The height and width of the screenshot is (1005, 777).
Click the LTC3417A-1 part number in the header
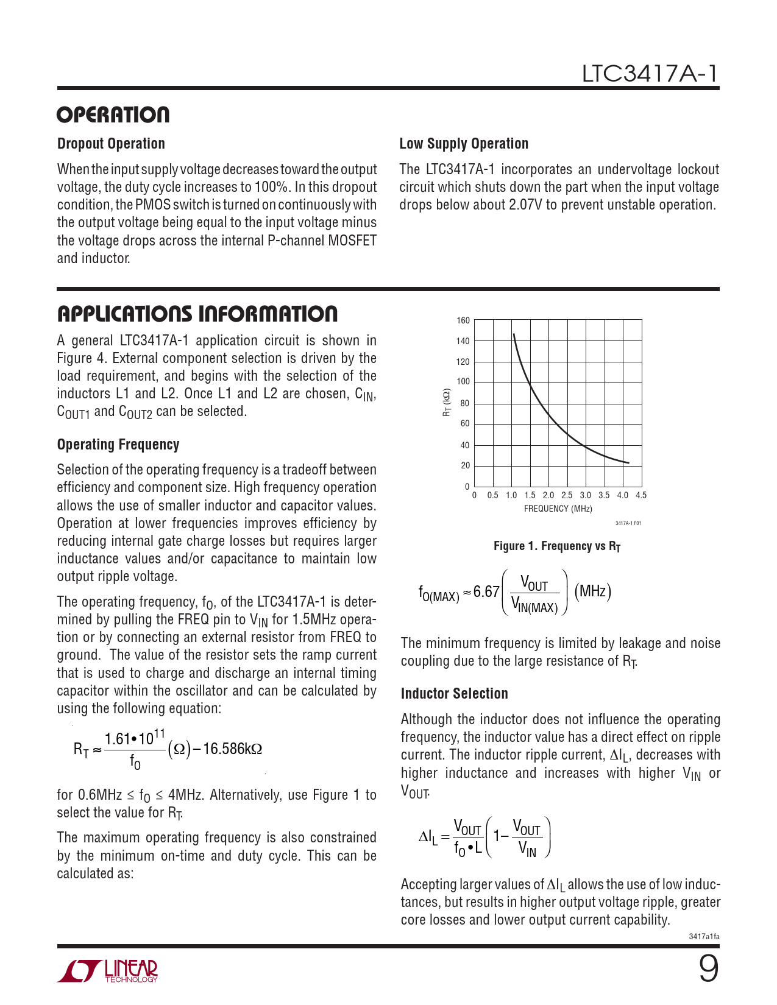click(x=650, y=74)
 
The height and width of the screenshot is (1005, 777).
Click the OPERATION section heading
click(x=113, y=115)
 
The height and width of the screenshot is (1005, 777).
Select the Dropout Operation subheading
click(x=111, y=144)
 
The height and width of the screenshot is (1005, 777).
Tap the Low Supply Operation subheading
click(x=464, y=144)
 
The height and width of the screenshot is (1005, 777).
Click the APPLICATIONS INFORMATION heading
click(x=197, y=314)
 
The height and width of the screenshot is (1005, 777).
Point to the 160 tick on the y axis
click(x=463, y=320)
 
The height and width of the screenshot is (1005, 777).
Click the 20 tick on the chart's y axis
click(x=465, y=465)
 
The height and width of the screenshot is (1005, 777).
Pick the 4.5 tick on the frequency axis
click(x=641, y=496)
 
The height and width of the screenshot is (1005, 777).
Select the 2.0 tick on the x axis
click(x=548, y=496)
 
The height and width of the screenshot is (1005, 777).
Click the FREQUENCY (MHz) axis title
click(x=558, y=509)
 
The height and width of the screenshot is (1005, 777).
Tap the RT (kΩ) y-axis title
click(x=447, y=403)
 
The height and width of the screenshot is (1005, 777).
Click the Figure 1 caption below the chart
click(x=557, y=546)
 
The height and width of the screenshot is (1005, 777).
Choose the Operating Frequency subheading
click(x=118, y=445)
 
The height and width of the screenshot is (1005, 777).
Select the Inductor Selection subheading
click(x=454, y=694)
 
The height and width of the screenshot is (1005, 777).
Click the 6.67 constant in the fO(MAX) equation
click(x=486, y=592)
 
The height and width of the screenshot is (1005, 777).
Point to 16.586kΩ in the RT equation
click(x=232, y=749)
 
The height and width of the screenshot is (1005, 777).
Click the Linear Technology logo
click(x=108, y=971)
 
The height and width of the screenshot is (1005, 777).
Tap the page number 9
click(x=708, y=968)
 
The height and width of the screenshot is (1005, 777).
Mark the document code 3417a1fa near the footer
click(x=704, y=937)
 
